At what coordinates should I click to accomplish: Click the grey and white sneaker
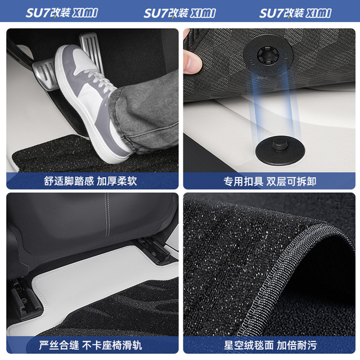pyautogui.click(x=92, y=103)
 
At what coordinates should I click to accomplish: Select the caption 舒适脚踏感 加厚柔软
pyautogui.click(x=91, y=181)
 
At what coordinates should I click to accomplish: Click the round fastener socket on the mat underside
pyautogui.click(x=268, y=55)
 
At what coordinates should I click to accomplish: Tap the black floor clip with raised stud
pyautogui.click(x=280, y=150)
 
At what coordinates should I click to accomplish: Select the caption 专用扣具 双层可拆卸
pyautogui.click(x=270, y=181)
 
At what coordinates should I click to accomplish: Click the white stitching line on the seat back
pyautogui.click(x=107, y=215)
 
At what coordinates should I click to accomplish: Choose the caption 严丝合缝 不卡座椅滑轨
pyautogui.click(x=91, y=345)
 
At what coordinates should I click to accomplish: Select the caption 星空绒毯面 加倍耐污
pyautogui.click(x=270, y=345)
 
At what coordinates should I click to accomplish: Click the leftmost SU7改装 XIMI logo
pyautogui.click(x=62, y=12)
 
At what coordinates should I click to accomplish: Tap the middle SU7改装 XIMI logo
pyautogui.click(x=179, y=13)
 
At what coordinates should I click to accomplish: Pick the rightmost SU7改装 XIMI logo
pyautogui.click(x=295, y=13)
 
